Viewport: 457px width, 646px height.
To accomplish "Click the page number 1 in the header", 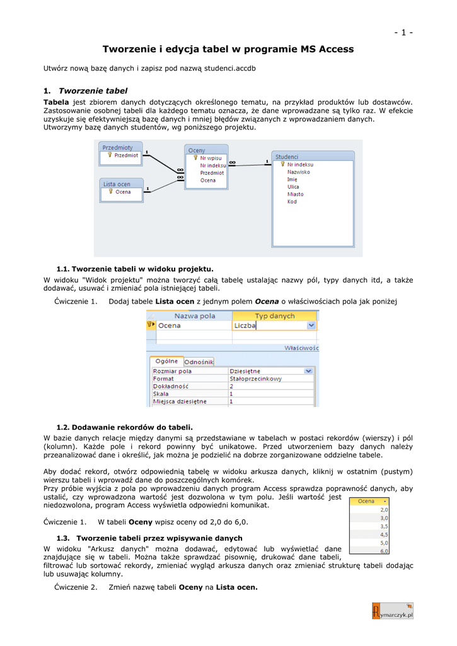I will (x=403, y=33).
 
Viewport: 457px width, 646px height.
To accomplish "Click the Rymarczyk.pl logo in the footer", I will (x=393, y=611).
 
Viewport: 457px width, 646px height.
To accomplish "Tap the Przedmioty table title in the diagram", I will (x=117, y=146).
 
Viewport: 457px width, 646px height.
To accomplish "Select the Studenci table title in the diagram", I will (x=287, y=156).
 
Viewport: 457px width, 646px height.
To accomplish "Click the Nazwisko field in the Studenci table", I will (x=298, y=172).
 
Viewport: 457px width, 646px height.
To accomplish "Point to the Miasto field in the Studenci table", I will (x=295, y=194).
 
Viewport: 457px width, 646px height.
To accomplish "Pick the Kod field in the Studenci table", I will (x=292, y=202).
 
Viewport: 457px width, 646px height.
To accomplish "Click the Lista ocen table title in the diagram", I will (x=117, y=184).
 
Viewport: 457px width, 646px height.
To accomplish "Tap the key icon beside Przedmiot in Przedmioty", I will (x=109, y=155).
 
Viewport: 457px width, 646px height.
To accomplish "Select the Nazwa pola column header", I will (x=195, y=316).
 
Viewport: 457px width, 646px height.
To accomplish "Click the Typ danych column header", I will (x=274, y=316).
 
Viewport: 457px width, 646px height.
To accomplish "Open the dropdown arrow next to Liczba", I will (x=311, y=326).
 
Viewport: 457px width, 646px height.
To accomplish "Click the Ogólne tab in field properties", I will (x=166, y=361).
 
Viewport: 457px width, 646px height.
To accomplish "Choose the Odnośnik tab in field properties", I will (x=198, y=362).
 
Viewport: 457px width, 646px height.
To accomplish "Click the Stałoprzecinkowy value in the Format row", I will (x=255, y=379).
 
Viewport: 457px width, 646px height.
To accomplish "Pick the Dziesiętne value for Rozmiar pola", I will (x=245, y=371).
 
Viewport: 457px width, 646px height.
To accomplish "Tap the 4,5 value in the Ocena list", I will (x=384, y=534).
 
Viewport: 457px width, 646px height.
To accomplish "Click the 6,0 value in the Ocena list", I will (x=384, y=550).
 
